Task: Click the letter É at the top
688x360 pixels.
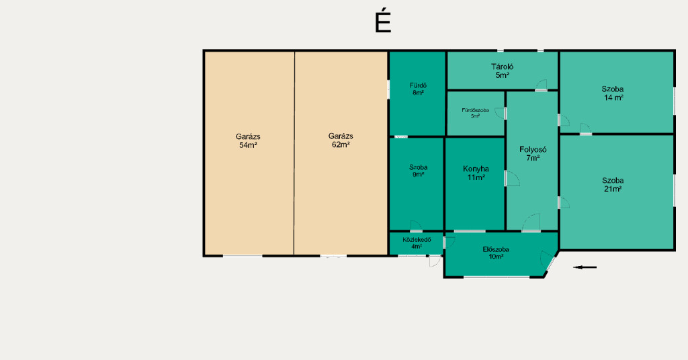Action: coord(382,22)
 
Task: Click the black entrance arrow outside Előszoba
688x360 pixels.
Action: coord(585,267)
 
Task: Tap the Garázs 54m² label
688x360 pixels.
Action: coord(248,141)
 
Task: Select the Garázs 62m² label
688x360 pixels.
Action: coord(341,140)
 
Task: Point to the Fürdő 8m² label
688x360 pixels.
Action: coord(418,89)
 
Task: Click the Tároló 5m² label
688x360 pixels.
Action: coord(502,71)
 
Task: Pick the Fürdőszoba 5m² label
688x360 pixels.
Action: coord(475,113)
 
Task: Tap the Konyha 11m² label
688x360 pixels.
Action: coord(476,173)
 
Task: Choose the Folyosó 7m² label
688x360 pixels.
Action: coord(533,154)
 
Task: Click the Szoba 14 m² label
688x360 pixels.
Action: coord(613,93)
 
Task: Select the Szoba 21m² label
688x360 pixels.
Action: coord(613,185)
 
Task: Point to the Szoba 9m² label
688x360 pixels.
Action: coord(418,171)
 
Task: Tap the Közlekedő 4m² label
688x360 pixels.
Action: coord(417,243)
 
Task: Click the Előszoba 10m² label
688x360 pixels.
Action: coord(496,253)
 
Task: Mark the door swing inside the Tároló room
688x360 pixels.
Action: coord(541,85)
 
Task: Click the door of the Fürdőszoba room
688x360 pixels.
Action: coord(500,113)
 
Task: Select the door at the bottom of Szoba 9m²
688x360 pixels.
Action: coord(417,226)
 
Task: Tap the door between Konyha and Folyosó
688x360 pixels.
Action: coord(512,179)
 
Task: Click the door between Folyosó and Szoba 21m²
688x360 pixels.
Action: coord(564,203)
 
